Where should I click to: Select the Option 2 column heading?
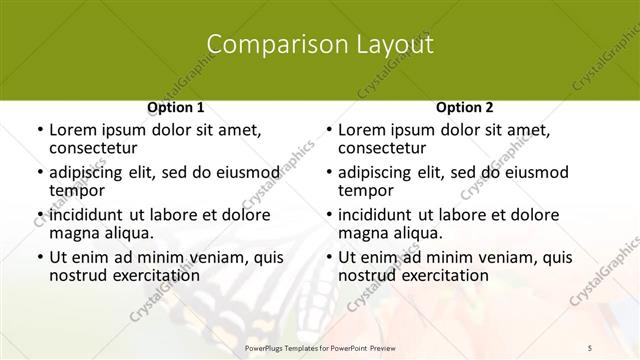pyautogui.click(x=465, y=107)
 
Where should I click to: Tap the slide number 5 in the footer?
pyautogui.click(x=590, y=347)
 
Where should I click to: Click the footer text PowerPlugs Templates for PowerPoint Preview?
pyautogui.click(x=319, y=347)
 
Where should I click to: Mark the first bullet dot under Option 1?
pyautogui.click(x=38, y=131)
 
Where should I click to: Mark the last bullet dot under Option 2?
pyautogui.click(x=328, y=258)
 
